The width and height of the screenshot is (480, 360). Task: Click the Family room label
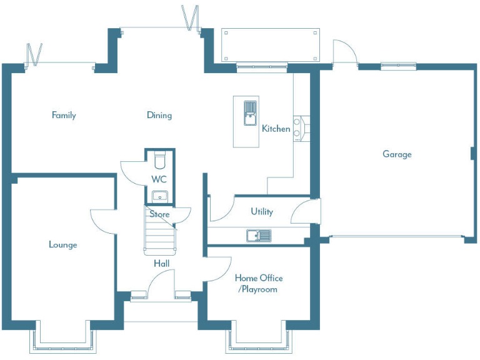click(64, 115)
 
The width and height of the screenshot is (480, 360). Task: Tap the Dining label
click(159, 115)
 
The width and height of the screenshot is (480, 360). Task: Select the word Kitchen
click(276, 129)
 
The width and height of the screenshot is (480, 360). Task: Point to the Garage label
click(397, 154)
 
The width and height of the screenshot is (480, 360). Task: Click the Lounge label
click(63, 244)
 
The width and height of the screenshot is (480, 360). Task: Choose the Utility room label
click(262, 211)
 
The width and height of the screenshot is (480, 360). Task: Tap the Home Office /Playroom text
click(258, 283)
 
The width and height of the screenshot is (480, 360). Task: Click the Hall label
click(161, 264)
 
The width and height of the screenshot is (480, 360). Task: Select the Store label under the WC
click(159, 214)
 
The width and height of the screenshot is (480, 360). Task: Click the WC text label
click(159, 179)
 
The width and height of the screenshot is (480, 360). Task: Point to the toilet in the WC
click(159, 161)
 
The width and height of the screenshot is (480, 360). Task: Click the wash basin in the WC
click(160, 196)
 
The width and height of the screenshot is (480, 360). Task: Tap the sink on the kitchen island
click(249, 111)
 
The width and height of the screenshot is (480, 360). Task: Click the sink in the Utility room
click(258, 236)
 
